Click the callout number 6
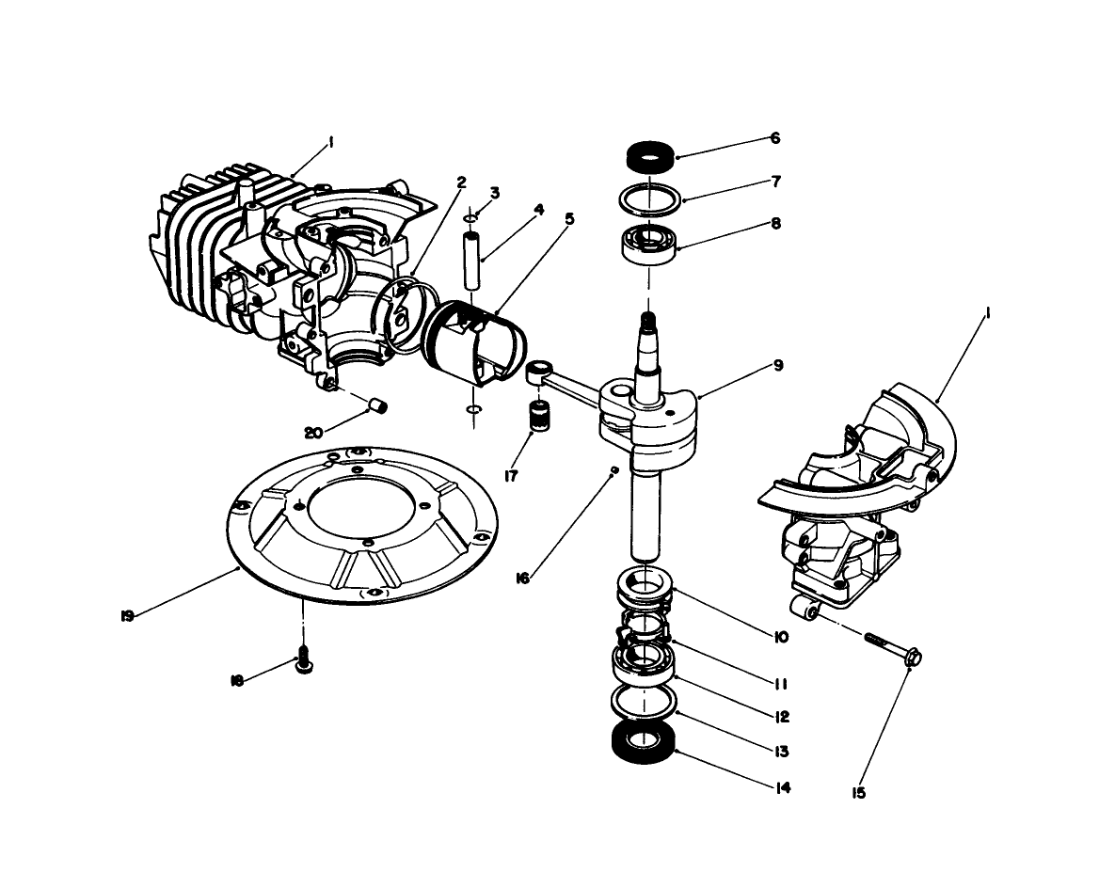(x=775, y=137)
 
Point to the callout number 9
(x=775, y=365)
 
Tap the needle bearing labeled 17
(x=539, y=415)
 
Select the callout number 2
(x=461, y=182)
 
